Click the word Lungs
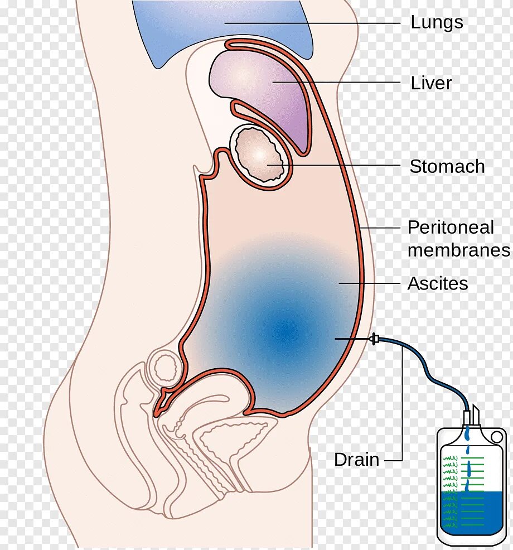(437, 23)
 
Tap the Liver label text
(431, 84)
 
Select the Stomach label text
(447, 166)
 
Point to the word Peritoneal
(451, 228)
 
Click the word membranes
(458, 250)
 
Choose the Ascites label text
(438, 283)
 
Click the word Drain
(357, 460)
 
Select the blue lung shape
(223, 28)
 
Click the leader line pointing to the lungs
(312, 23)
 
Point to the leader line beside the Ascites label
(371, 283)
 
